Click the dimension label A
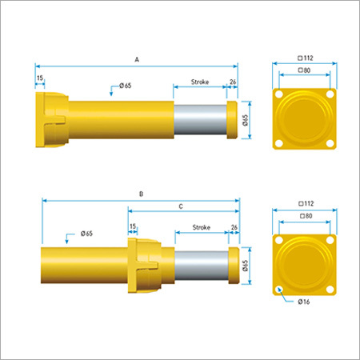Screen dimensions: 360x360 137,59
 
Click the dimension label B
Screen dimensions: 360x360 142,194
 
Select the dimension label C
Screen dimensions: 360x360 181,206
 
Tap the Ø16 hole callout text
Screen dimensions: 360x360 304,302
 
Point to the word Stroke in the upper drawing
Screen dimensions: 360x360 200,82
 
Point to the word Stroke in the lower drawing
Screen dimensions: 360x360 202,227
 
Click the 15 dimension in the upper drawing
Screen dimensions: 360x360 40,78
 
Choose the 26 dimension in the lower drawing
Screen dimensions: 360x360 234,227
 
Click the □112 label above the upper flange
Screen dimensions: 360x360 306,58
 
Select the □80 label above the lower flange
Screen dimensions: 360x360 306,216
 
